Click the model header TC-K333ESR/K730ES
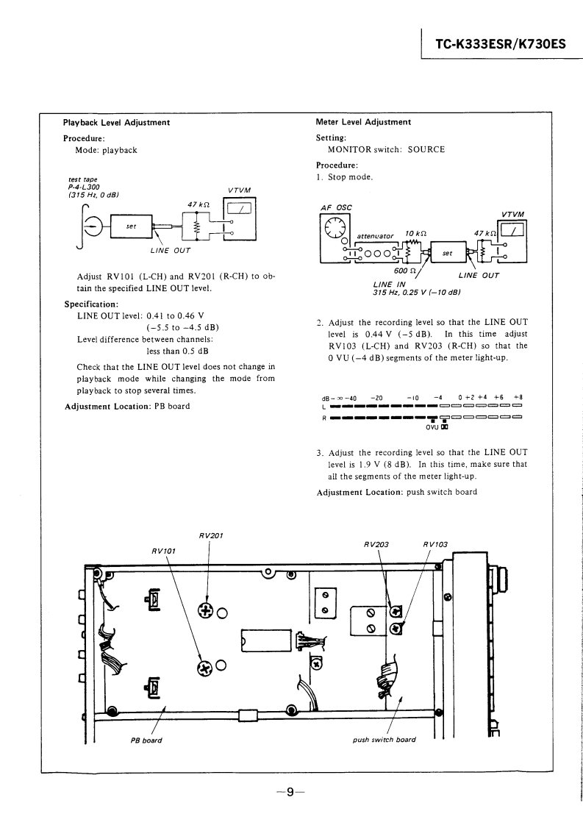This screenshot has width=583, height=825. (x=500, y=43)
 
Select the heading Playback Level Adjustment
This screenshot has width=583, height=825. (x=117, y=122)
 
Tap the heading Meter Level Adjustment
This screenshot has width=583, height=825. (x=363, y=122)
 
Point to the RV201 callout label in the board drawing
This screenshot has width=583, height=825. (x=211, y=535)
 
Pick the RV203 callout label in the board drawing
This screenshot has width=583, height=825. (x=376, y=545)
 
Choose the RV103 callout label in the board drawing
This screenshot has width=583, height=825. (x=435, y=545)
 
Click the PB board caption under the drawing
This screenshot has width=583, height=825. (x=146, y=740)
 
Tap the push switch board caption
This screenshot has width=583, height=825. (x=385, y=740)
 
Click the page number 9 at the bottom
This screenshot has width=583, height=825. (x=290, y=792)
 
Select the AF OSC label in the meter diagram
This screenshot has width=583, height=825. (x=337, y=207)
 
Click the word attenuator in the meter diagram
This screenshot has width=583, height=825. (x=375, y=236)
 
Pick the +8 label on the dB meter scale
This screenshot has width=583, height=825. (x=518, y=398)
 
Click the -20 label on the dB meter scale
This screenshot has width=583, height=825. (x=376, y=398)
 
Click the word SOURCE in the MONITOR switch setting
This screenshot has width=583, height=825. (x=426, y=149)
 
